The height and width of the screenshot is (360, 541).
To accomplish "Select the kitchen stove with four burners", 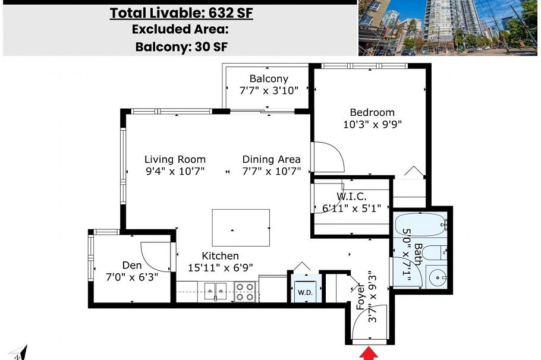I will [246, 291].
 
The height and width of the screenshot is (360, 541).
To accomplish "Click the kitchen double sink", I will [215, 290].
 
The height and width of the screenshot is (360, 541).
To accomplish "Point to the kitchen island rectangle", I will [241, 229].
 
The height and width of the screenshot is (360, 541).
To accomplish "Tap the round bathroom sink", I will [439, 277].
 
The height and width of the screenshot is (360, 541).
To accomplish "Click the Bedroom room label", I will [372, 112].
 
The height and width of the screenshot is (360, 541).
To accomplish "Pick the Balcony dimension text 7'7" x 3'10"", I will [268, 91].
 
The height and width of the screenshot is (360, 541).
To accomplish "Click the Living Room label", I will [175, 159].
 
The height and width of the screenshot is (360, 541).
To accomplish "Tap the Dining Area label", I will [271, 159].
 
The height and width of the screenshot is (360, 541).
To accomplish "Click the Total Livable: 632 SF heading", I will [181, 13].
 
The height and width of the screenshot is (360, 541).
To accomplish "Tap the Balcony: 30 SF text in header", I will [181, 46].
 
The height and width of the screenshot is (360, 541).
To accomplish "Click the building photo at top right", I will [449, 27].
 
